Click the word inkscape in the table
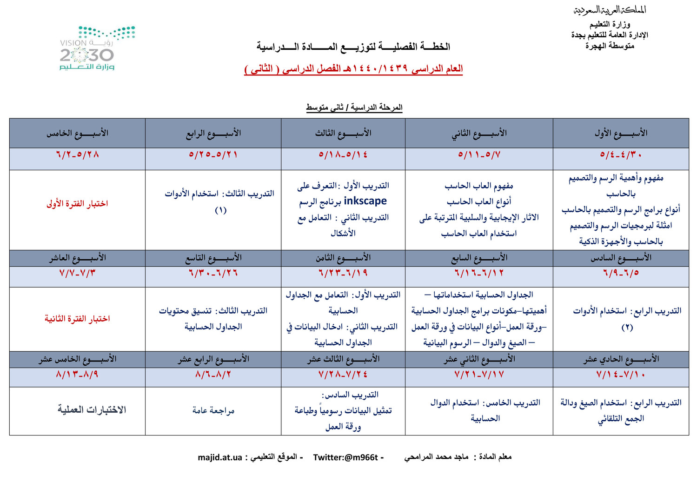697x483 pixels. coord(365,201)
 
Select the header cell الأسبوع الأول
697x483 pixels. coord(621,133)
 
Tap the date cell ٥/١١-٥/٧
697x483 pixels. coord(479,154)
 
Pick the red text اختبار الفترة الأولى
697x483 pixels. coord(77,204)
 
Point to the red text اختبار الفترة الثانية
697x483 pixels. coord(77,319)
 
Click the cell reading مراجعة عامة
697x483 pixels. coord(213,410)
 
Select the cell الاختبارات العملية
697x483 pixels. coord(92,410)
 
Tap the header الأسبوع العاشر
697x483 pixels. coord(78,258)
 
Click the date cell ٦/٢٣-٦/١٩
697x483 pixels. coord(343,273)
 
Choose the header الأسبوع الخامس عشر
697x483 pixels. coord(78,359)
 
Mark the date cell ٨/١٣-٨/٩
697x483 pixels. coord(77,375)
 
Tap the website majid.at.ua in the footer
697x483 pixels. coord(220,457)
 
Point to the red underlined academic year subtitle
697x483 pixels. coord(353,69)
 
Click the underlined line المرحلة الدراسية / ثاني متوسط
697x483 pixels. coord(354,107)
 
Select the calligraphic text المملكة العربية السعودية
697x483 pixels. coord(610,10)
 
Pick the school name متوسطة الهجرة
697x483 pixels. coord(610,46)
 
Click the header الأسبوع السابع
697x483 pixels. coord(479,258)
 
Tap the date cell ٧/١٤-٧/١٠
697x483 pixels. coord(621,375)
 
